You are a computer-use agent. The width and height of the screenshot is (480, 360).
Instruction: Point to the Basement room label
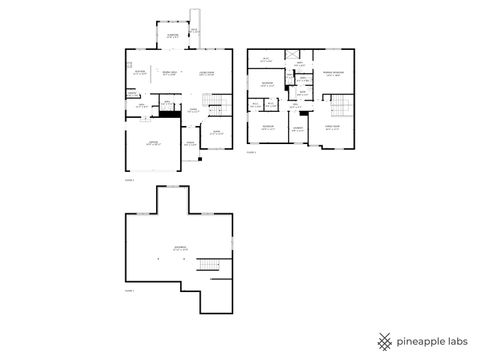180,249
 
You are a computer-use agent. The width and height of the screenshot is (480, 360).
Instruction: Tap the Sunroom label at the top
173,34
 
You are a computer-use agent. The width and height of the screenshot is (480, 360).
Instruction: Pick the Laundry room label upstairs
299,128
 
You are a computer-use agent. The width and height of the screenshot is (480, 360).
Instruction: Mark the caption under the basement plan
129,289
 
